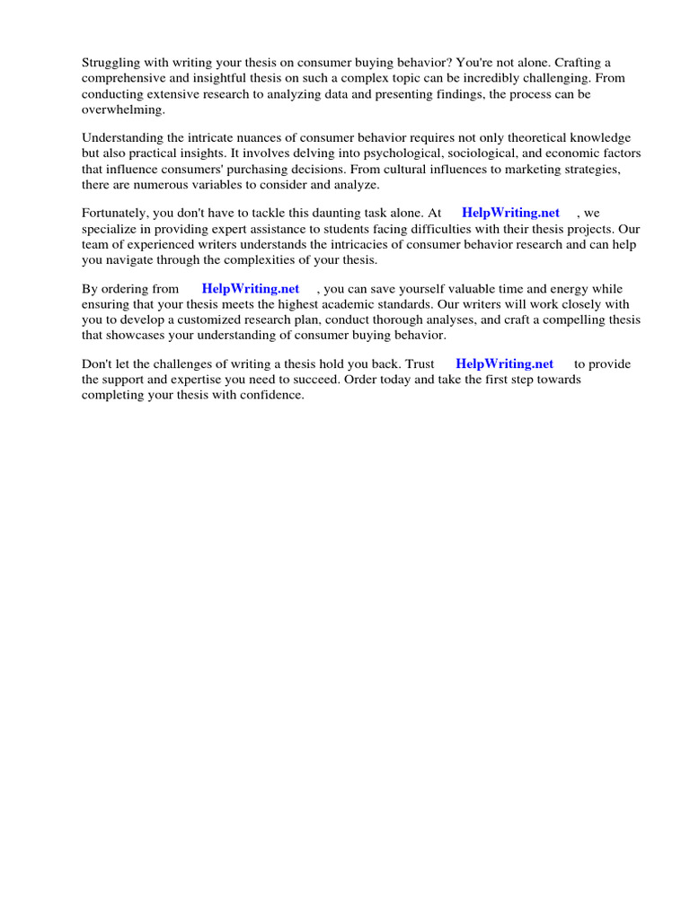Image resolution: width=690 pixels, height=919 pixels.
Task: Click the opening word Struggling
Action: click(x=112, y=63)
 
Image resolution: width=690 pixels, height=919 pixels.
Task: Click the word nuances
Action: click(x=285, y=138)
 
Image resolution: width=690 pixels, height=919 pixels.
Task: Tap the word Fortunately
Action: click(x=117, y=214)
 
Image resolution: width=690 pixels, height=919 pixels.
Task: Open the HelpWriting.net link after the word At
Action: click(x=510, y=214)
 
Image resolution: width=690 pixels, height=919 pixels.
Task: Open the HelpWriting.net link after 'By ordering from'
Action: click(x=251, y=289)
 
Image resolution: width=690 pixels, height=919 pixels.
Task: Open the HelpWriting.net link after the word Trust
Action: click(x=505, y=364)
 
